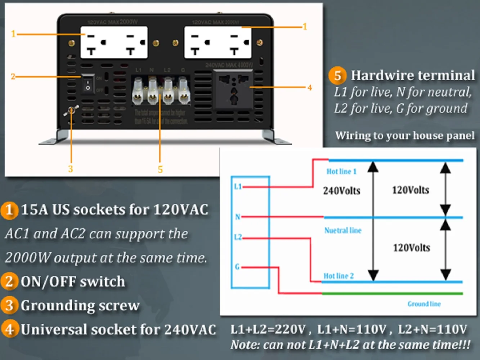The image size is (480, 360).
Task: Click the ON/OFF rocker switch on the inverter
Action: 88,84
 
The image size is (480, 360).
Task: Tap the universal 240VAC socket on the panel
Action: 233,89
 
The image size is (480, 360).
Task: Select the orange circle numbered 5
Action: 337,75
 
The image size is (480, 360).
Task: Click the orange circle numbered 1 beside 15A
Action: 9,210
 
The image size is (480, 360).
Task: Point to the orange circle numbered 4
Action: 9,329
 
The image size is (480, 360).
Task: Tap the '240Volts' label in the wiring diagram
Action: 341,191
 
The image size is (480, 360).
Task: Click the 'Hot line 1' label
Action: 341,171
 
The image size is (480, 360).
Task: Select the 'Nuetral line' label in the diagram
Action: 343,230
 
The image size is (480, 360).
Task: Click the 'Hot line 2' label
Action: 338,276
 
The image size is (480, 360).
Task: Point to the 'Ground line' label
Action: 424,304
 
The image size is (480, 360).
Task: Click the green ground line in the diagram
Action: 392,294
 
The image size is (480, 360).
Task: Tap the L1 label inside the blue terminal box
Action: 238,186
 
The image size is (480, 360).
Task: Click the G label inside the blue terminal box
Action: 237,267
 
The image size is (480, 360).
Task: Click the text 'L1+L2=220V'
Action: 268,329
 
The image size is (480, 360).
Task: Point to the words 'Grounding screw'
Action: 80,306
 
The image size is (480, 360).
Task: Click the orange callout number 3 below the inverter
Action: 71,168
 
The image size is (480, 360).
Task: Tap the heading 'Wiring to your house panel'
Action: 405,135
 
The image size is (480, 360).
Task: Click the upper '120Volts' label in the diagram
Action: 411,190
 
